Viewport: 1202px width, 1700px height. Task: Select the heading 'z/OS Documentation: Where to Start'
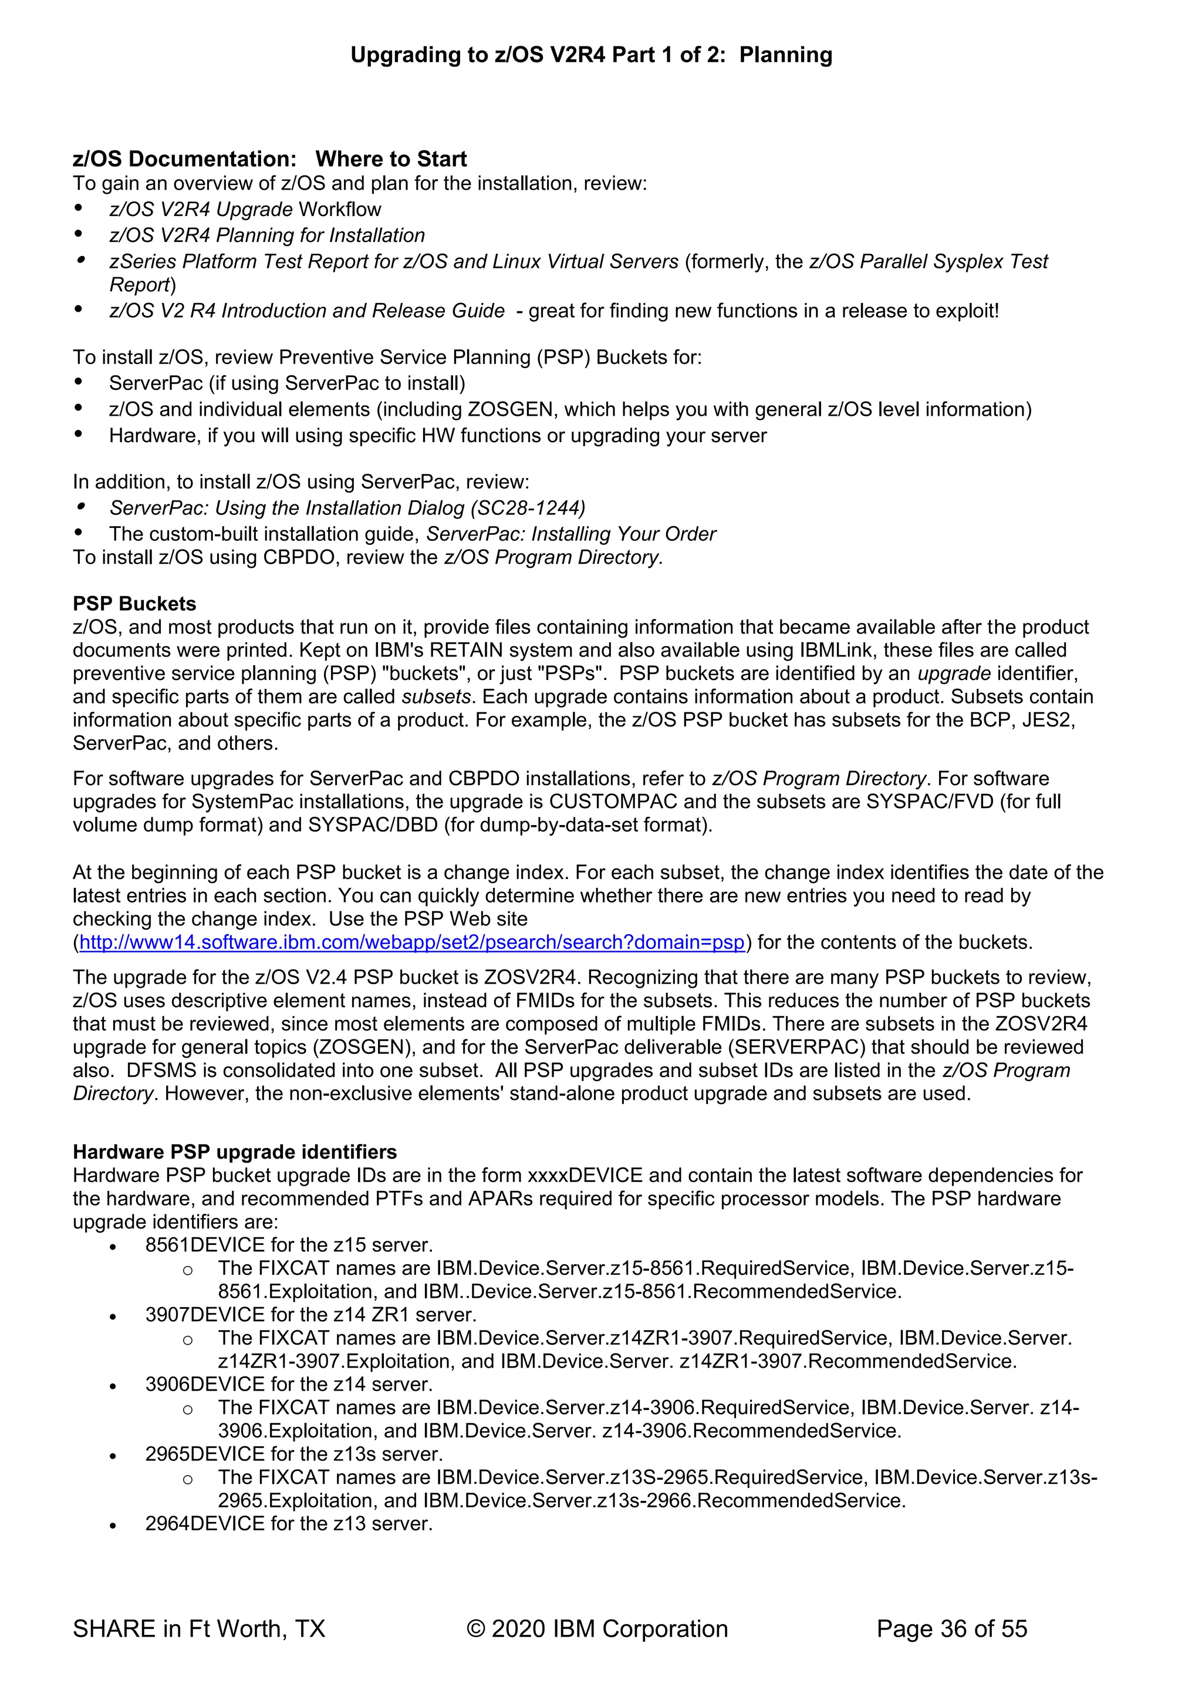coord(269,159)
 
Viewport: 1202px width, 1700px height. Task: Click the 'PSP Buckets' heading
coord(134,604)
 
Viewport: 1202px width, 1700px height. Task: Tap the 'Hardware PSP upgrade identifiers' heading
coord(235,1152)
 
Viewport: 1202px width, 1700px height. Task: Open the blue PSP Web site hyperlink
coord(411,942)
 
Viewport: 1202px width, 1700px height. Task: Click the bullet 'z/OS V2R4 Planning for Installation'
coord(266,235)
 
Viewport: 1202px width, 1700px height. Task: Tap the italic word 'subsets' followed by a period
coord(436,696)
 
